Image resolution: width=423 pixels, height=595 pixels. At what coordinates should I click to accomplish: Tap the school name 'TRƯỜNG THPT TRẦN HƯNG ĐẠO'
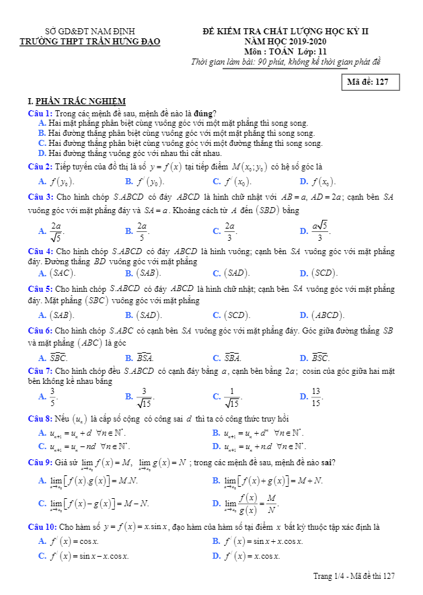click(x=91, y=42)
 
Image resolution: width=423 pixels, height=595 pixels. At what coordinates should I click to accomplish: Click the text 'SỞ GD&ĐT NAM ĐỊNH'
click(x=89, y=32)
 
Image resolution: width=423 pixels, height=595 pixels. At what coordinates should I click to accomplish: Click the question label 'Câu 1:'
click(x=40, y=113)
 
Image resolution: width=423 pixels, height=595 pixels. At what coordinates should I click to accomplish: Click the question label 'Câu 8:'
click(x=40, y=418)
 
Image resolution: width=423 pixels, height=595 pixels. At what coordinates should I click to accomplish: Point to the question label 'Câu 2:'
click(x=40, y=166)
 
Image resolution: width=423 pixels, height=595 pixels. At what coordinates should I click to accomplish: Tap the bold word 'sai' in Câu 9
click(x=325, y=462)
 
